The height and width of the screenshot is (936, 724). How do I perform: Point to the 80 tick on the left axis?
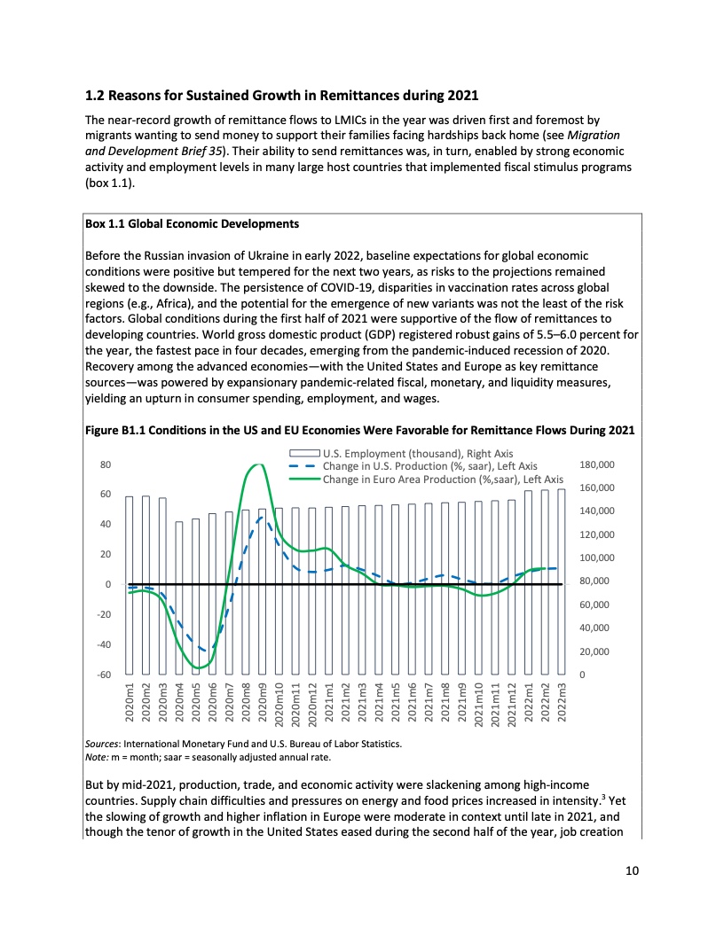(105, 464)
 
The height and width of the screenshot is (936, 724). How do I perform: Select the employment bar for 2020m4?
(179, 597)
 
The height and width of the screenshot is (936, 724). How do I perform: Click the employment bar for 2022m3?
(561, 581)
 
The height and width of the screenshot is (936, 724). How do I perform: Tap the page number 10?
(632, 871)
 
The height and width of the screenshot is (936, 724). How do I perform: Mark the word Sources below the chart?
(102, 744)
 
